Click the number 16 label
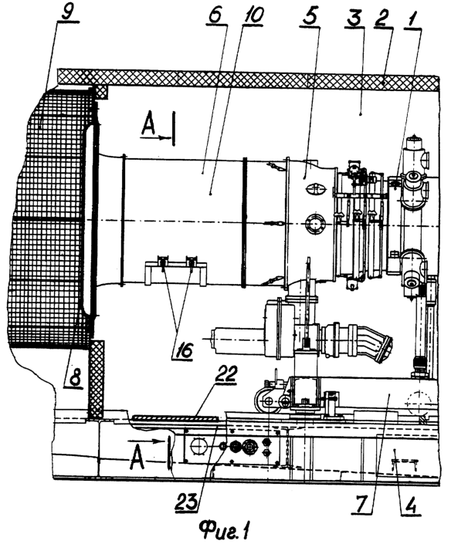tap(182, 351)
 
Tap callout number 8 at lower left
tap(73, 377)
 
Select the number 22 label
tap(225, 373)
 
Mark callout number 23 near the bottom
tap(187, 501)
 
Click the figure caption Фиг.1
tap(225, 530)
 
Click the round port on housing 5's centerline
tap(315, 225)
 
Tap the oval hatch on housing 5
tap(316, 189)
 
